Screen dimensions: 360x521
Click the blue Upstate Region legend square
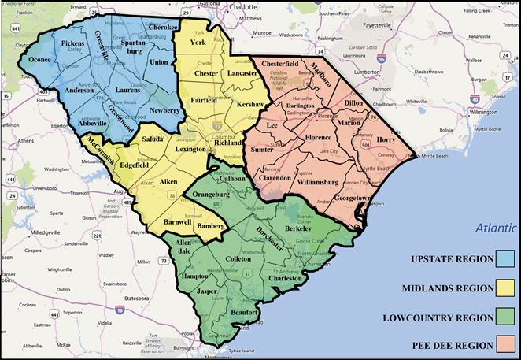click(505, 259)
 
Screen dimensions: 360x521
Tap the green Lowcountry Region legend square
click(505, 316)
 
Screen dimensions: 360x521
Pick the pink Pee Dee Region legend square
click(505, 344)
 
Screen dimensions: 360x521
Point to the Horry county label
click(386, 139)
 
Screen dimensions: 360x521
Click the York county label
click(198, 42)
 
